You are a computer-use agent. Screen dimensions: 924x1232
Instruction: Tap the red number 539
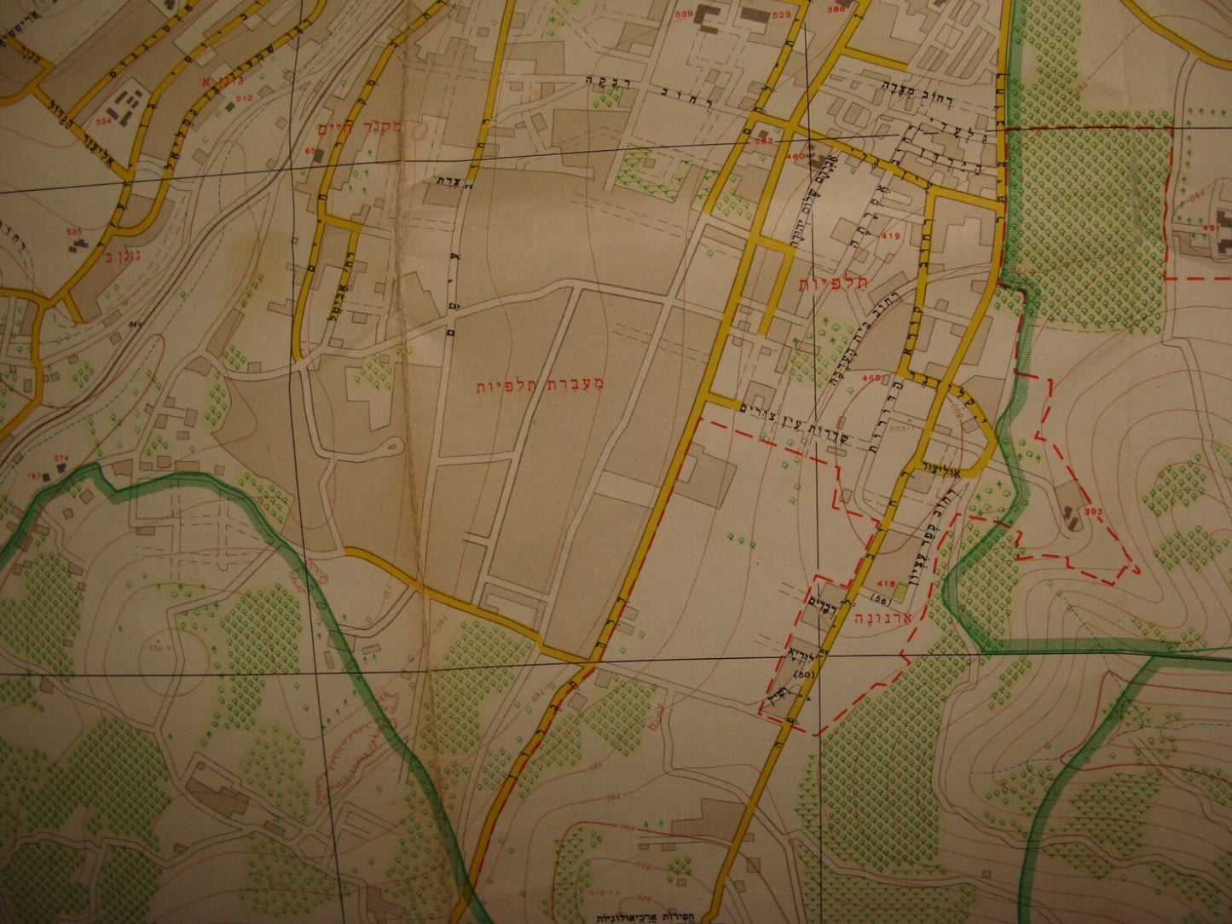coord(683,14)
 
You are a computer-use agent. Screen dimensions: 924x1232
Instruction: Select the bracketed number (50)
coord(801,674)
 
